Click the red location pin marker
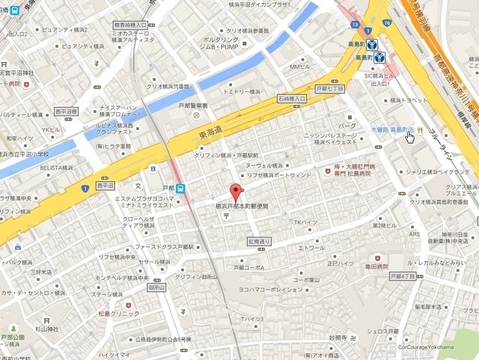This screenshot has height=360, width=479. coord(235,191)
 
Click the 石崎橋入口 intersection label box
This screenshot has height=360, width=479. coord(293,98)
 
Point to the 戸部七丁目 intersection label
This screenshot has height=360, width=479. coord(330,88)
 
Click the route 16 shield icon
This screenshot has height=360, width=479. coord(386,24)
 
